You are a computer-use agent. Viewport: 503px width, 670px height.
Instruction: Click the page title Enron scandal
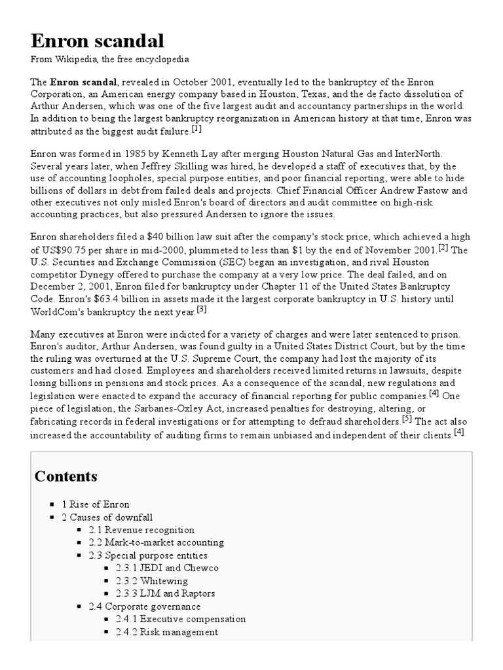click(98, 41)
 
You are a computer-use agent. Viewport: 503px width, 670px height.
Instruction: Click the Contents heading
click(66, 476)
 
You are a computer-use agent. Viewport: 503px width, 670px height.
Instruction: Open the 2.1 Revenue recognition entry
click(141, 530)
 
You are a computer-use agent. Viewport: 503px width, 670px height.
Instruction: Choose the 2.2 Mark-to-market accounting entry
click(157, 542)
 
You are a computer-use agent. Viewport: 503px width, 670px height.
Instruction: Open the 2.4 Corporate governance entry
click(145, 607)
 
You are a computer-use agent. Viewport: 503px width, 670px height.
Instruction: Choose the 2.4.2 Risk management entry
click(167, 632)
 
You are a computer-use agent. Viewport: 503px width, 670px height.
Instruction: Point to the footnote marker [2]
click(443, 247)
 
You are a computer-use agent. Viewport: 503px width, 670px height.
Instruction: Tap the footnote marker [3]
click(202, 309)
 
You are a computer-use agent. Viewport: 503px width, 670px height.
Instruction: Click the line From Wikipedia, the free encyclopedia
click(110, 60)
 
